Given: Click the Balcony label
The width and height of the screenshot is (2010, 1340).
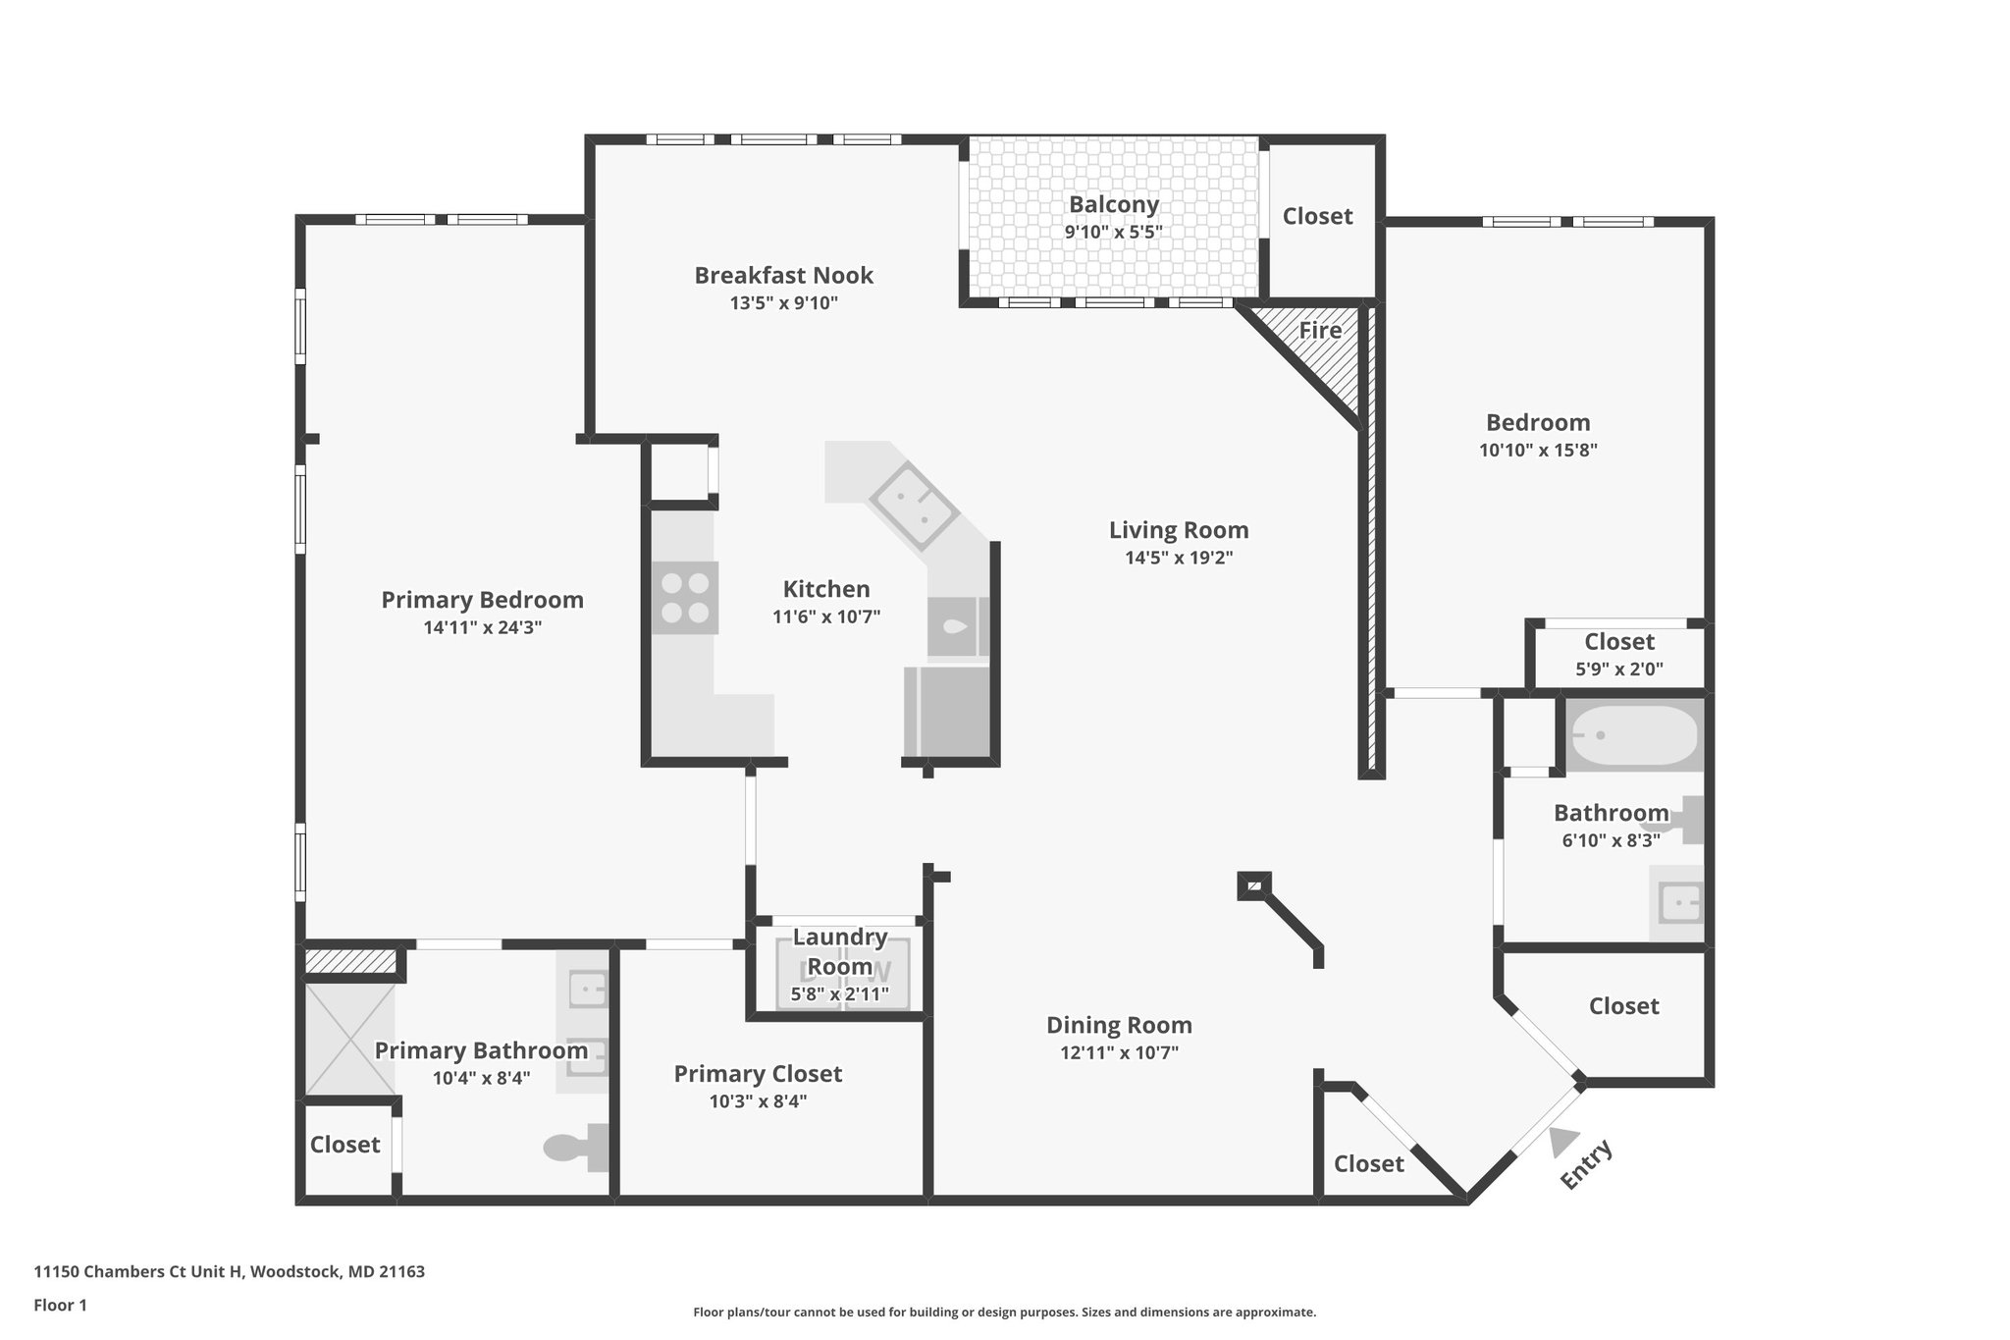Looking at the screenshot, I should point(1113,205).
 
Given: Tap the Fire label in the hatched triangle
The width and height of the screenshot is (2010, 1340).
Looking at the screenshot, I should point(1320,331).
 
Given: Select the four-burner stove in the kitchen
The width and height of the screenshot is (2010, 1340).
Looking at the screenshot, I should point(685,598).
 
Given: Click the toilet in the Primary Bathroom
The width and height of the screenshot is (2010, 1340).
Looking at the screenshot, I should point(577,1147).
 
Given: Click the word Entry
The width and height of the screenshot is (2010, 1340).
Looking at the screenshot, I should point(1586,1164).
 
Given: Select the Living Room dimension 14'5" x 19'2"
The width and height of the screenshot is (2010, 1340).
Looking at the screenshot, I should point(1178,559).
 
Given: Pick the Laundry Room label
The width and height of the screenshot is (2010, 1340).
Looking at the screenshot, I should point(839,951).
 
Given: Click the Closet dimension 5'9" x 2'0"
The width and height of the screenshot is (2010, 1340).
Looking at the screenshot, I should point(1618,670).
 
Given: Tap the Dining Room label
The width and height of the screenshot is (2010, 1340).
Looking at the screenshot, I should point(1119,1026).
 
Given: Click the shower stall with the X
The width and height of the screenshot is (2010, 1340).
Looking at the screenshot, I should point(349,1041).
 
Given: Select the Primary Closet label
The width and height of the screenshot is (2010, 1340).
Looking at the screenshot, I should point(758,1074).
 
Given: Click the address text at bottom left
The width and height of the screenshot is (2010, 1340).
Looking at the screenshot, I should point(229,1272).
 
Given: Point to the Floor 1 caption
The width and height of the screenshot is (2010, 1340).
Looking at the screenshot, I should point(60,1306).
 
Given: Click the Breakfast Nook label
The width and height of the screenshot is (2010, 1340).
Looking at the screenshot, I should point(783,276).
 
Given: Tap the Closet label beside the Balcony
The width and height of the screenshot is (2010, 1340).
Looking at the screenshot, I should point(1317,216).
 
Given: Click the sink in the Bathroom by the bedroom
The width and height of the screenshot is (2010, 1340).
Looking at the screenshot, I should point(1679,902).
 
